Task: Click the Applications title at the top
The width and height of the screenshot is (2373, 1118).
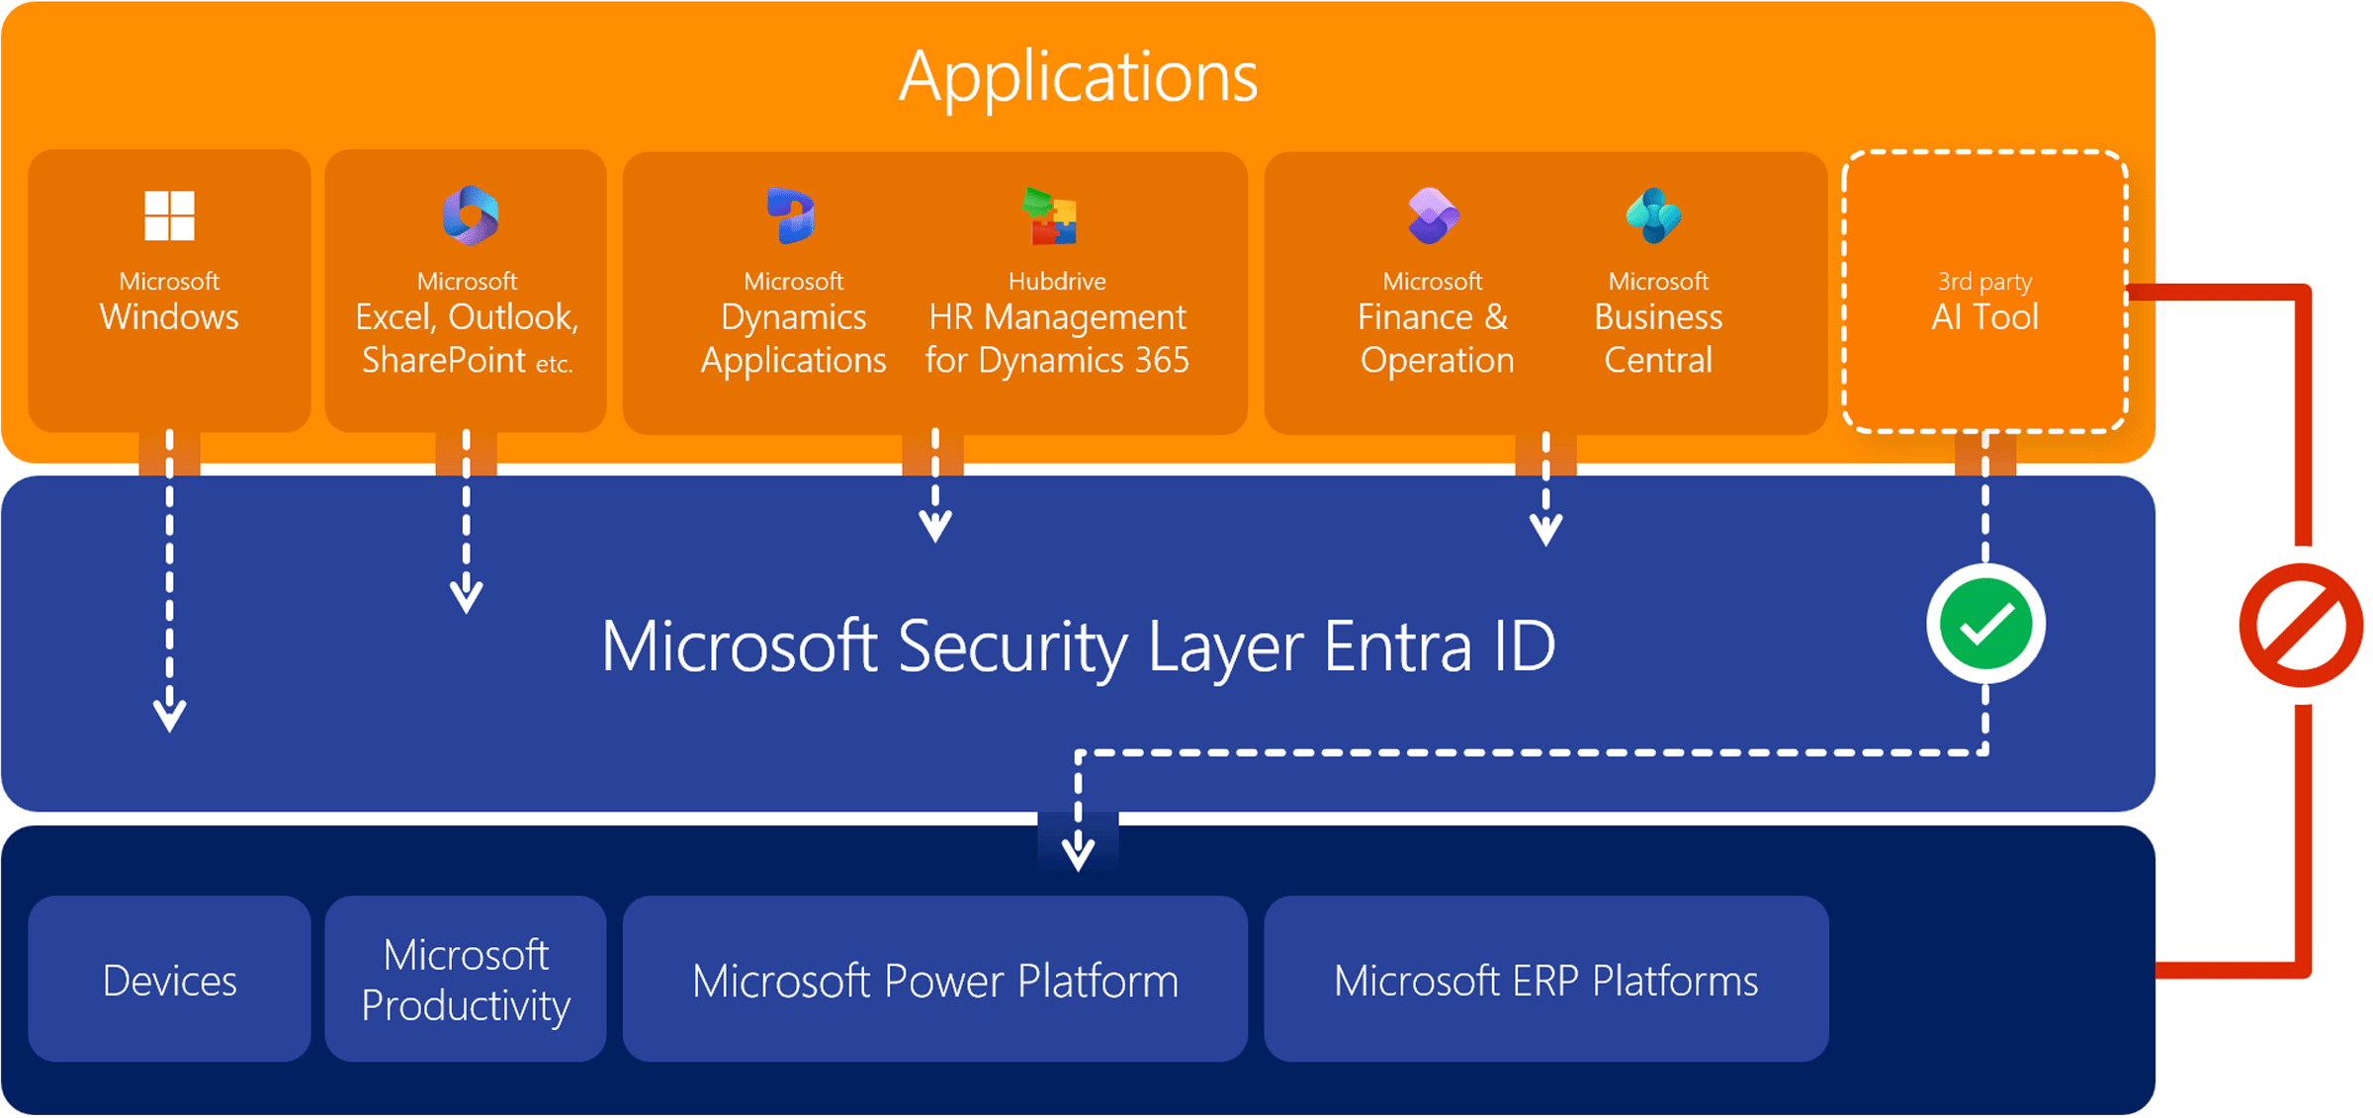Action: click(1078, 77)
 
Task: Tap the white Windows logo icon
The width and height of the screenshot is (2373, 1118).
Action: click(169, 215)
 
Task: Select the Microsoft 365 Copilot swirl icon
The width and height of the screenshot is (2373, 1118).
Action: click(471, 215)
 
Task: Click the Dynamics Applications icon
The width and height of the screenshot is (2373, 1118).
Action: click(791, 215)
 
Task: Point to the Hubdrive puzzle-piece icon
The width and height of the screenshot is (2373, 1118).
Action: click(1050, 215)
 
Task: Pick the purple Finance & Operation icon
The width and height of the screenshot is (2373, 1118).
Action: click(1433, 215)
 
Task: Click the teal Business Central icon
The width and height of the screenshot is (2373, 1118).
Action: click(1653, 215)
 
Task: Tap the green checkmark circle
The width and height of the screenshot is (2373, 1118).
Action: click(1985, 625)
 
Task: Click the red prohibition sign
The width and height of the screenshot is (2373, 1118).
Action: click(2301, 625)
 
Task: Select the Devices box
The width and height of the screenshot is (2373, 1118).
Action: click(169, 980)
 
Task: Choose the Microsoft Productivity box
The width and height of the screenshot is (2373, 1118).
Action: click(466, 980)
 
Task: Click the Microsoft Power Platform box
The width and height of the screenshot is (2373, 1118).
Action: click(934, 980)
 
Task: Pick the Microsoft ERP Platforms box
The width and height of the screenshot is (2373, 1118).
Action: click(1545, 980)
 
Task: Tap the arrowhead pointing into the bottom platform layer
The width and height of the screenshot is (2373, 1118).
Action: click(1078, 852)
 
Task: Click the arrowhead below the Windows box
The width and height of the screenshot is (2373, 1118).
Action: click(170, 714)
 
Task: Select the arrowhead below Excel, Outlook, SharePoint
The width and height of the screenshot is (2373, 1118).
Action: click(467, 596)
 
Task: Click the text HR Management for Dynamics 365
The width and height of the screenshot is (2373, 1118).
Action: click(1057, 338)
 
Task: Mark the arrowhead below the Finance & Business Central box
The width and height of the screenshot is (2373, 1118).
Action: click(1546, 528)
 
